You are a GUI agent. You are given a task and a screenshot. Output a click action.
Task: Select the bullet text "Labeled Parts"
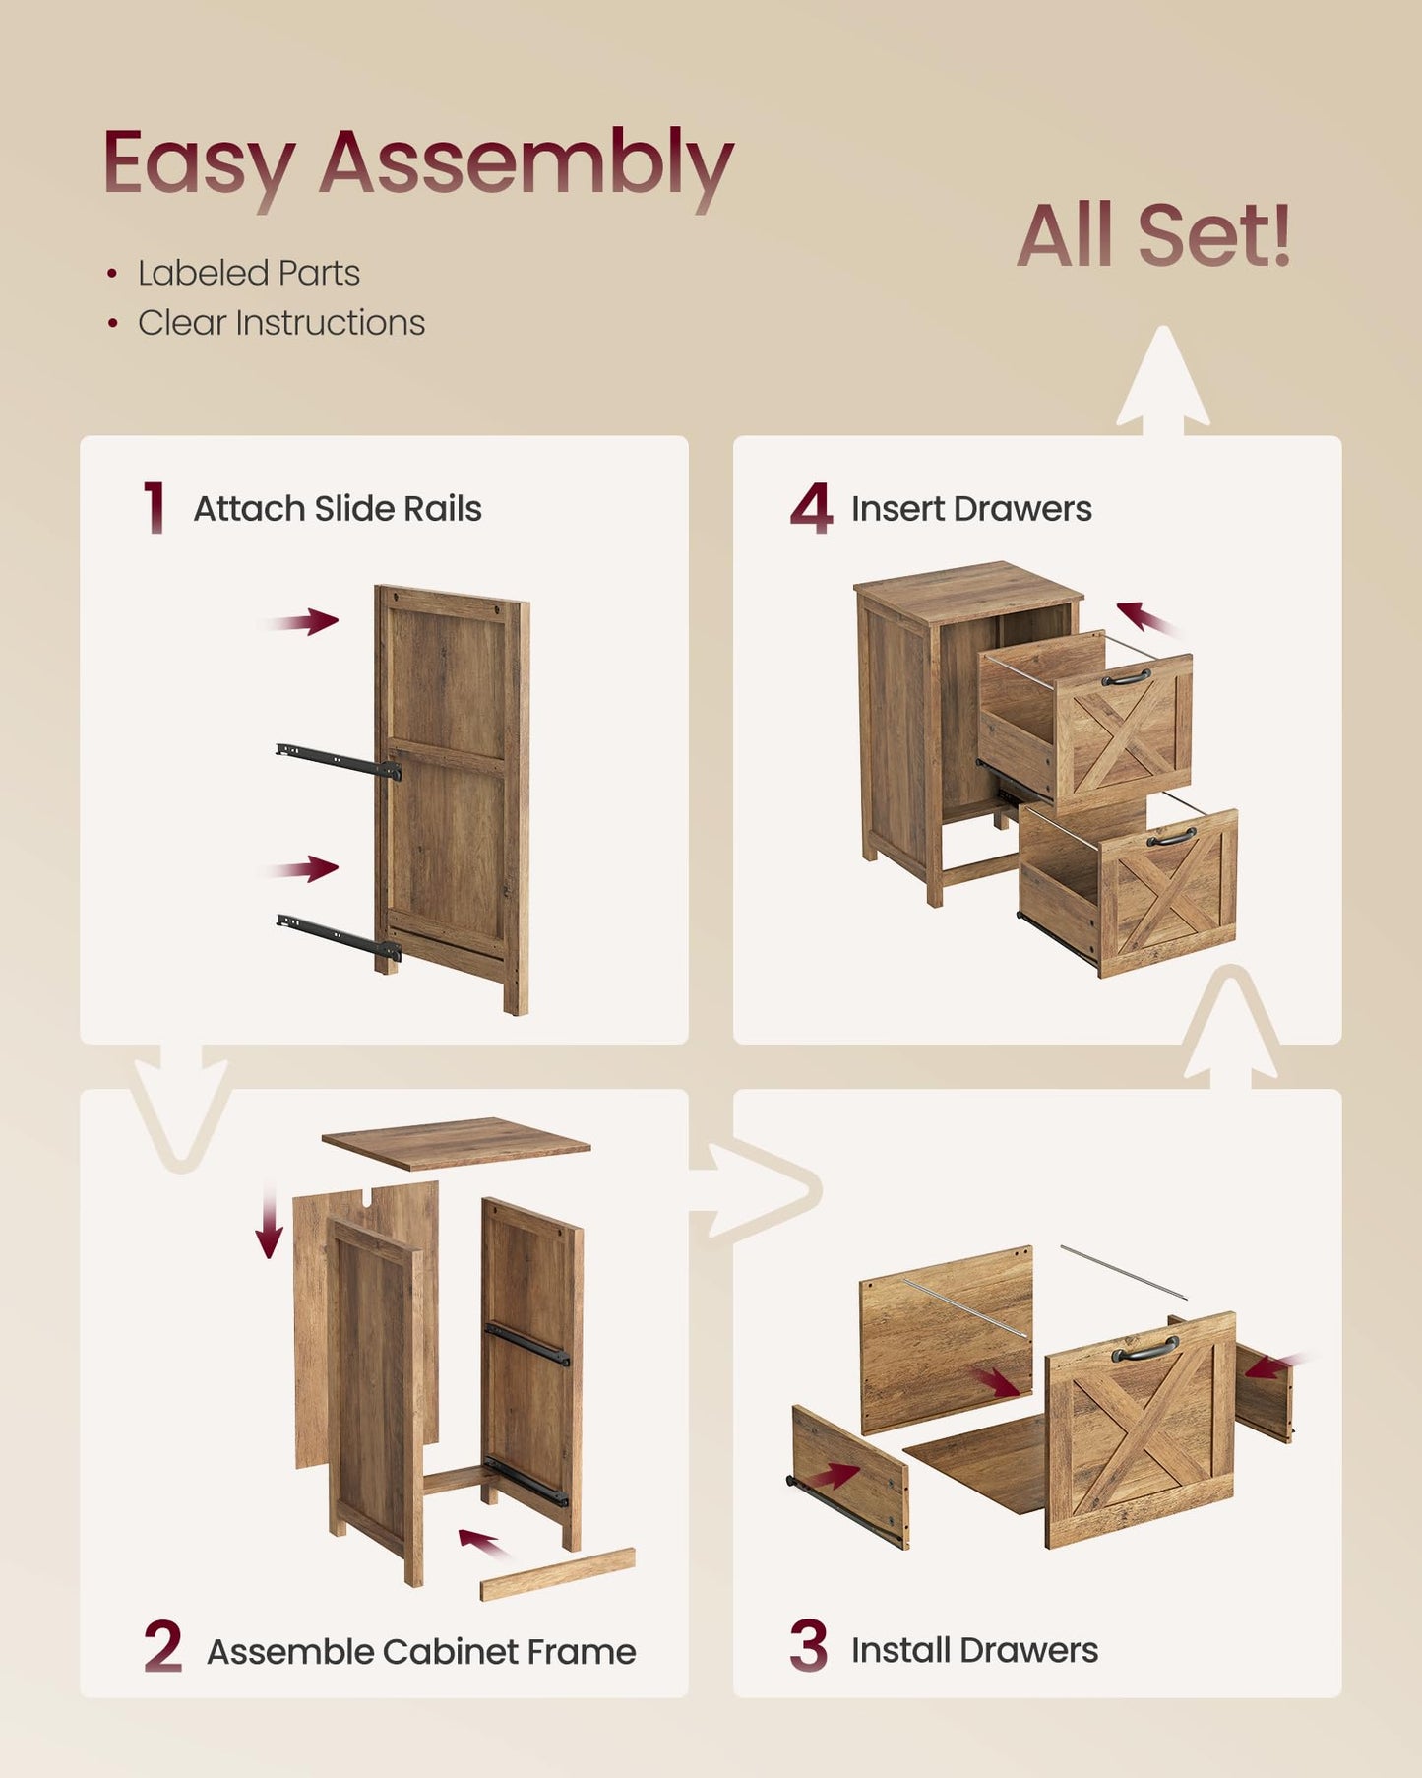point(249,273)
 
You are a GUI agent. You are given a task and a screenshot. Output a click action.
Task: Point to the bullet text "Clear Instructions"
point(281,323)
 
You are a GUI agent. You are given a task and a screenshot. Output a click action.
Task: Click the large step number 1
point(155,508)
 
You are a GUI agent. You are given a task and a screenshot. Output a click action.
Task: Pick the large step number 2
point(162,1647)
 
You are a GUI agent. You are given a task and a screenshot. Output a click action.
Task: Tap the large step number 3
point(809,1646)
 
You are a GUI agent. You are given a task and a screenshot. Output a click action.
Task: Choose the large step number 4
point(811,508)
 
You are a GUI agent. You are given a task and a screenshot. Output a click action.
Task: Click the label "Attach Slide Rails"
point(338,509)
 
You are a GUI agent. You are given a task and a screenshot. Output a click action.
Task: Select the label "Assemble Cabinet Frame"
point(421,1651)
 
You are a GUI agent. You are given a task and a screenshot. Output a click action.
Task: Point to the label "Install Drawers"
point(974,1649)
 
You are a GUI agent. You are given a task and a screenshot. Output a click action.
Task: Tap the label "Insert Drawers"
point(971,509)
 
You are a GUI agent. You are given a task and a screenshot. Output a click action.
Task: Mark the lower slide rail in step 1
point(339,935)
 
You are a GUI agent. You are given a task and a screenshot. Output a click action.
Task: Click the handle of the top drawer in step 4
point(1127,677)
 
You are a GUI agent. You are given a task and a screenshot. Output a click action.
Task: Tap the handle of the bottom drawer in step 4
point(1172,837)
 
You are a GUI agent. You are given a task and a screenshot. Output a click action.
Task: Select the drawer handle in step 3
point(1145,1348)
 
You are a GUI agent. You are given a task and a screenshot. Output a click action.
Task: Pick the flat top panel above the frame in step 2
point(456,1143)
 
